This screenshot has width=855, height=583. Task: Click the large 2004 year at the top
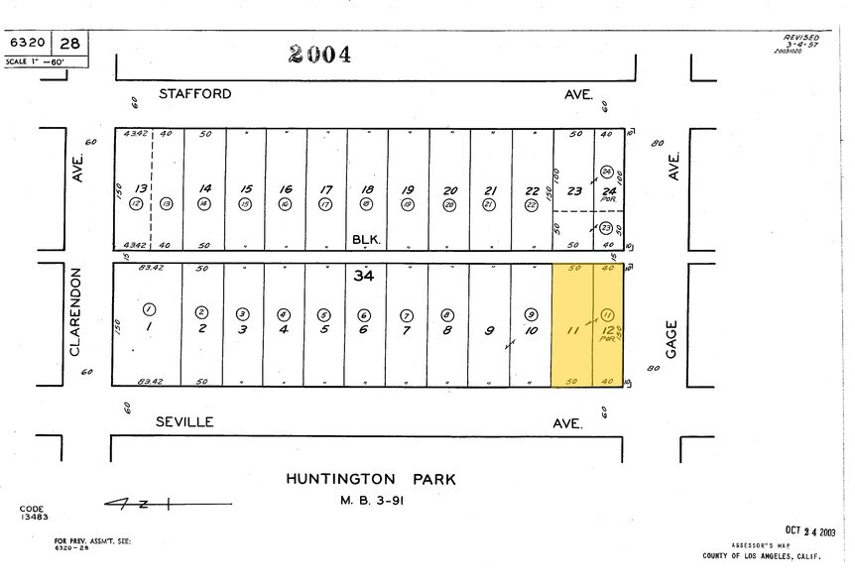[x=319, y=55]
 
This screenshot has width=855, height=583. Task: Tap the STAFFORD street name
[x=195, y=94]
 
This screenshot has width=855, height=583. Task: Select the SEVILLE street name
[x=184, y=421]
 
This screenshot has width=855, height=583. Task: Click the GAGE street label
[x=672, y=339]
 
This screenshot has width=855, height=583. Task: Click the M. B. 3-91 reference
[x=371, y=500]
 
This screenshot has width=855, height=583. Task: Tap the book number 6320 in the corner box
[x=28, y=44]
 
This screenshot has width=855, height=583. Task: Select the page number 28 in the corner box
[x=70, y=44]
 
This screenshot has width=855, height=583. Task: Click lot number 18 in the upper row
[x=367, y=189]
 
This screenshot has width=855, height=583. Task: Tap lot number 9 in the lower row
[x=490, y=330]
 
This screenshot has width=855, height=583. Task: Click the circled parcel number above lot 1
[x=150, y=309]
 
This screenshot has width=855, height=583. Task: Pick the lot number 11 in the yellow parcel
[x=571, y=330]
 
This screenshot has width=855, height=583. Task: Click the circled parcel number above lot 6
[x=363, y=315]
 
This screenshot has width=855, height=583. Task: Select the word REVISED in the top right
[x=801, y=38]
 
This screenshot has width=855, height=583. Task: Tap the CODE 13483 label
[x=33, y=513]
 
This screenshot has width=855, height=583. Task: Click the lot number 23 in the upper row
[x=573, y=191]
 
